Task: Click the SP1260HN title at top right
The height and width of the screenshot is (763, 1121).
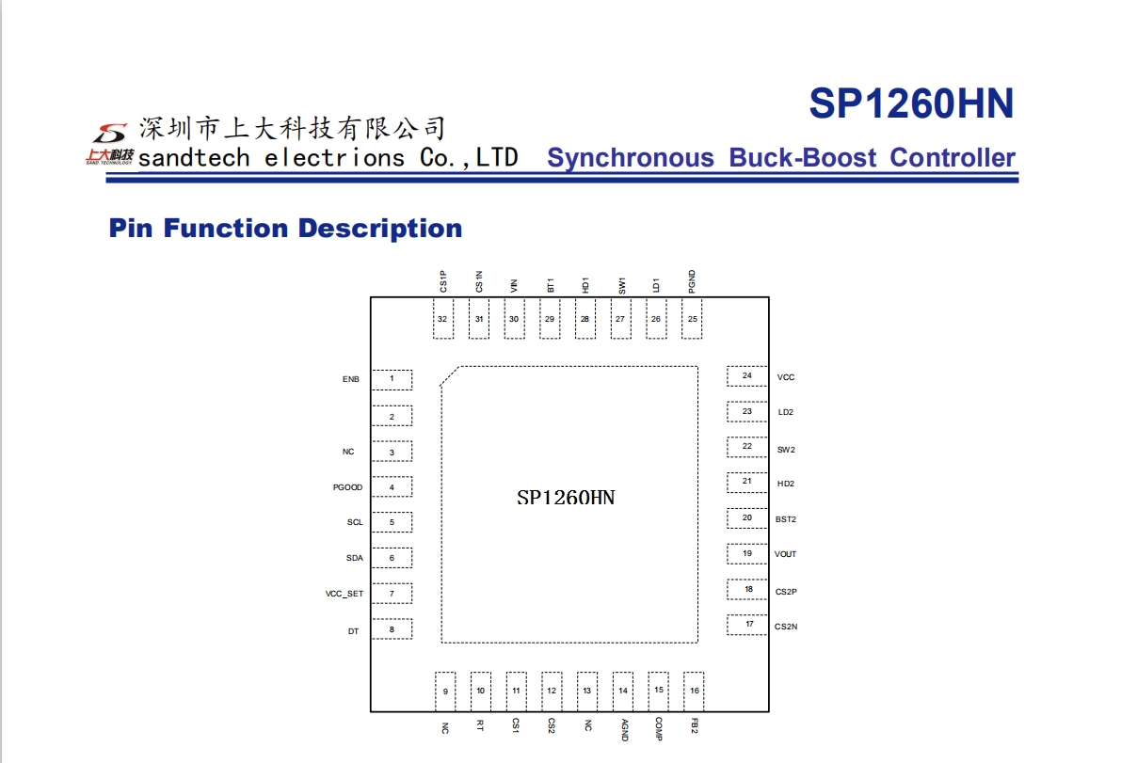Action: tap(911, 103)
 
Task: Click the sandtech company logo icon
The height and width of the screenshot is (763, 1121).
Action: tap(109, 144)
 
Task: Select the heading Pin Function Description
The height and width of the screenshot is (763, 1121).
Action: tap(285, 228)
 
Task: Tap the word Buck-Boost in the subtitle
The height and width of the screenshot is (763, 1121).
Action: tap(802, 157)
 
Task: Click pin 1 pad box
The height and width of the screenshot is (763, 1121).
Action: tap(392, 379)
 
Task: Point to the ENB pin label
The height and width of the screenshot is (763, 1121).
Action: tap(350, 379)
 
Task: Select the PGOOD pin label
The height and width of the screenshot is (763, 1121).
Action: tap(347, 487)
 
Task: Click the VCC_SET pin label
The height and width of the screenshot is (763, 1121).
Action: tap(344, 594)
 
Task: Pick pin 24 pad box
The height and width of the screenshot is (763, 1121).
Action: tap(747, 375)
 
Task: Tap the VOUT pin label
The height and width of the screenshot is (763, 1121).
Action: tap(785, 554)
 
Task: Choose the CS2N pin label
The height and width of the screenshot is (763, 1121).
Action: tap(786, 627)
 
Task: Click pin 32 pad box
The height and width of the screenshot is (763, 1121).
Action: tap(443, 319)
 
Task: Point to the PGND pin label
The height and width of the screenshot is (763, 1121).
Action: tap(692, 281)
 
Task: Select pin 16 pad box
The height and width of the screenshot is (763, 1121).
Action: tap(694, 691)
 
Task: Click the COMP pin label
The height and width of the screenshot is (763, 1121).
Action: tap(659, 729)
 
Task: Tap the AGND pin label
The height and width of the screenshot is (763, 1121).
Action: tap(624, 729)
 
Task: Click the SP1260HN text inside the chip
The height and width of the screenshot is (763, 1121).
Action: tap(566, 498)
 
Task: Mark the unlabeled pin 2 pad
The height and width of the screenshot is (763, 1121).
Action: tap(392, 416)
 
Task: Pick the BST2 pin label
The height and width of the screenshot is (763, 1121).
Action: tap(786, 519)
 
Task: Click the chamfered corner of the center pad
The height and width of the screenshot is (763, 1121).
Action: tap(451, 376)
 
